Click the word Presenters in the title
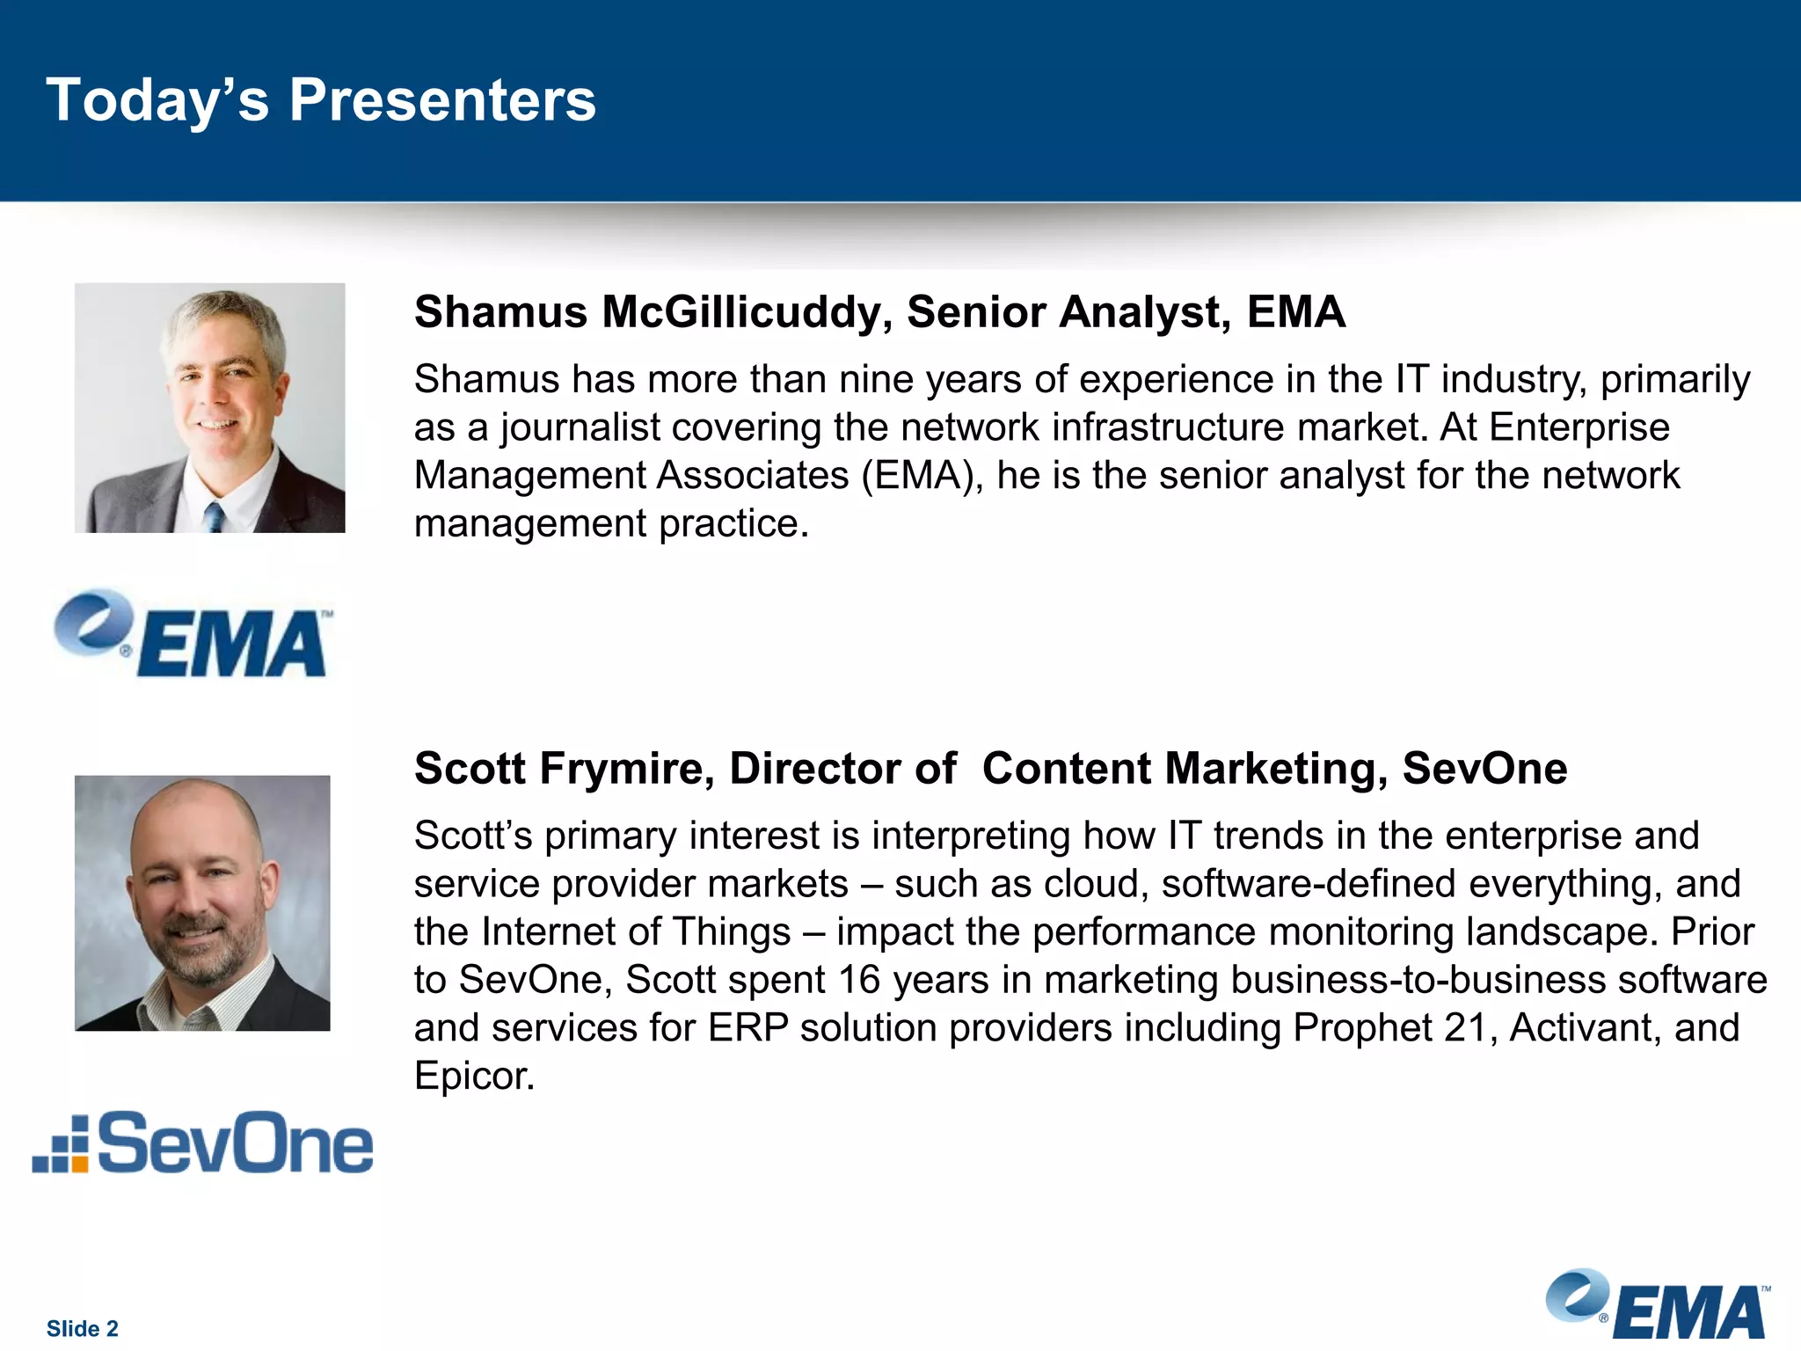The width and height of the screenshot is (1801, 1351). tap(442, 100)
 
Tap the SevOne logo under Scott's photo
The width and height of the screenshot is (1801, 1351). tap(203, 1143)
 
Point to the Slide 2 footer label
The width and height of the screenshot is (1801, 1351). tap(82, 1328)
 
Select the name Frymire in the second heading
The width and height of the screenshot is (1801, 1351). tap(625, 769)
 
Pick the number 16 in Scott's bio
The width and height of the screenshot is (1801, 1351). tap(858, 980)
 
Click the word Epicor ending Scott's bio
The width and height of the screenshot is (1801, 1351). tap(473, 1076)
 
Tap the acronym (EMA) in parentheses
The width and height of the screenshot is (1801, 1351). tap(922, 476)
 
